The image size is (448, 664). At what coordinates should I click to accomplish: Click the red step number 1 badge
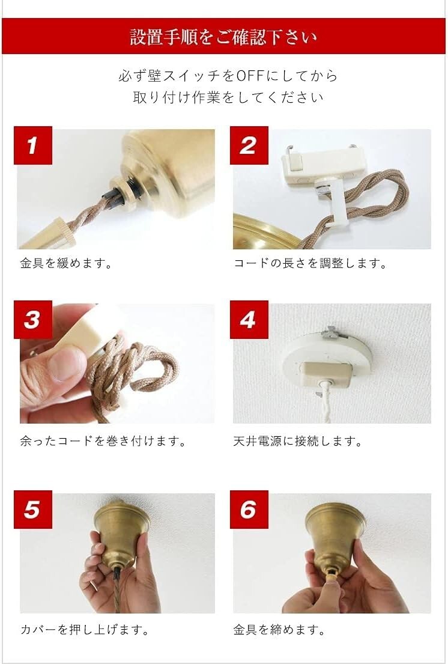click(x=33, y=145)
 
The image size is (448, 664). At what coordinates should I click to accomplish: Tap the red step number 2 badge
click(x=249, y=145)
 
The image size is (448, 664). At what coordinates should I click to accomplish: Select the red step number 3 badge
click(x=33, y=320)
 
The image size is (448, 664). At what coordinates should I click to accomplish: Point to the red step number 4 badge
click(x=249, y=320)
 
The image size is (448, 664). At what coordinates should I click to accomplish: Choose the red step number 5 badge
click(x=33, y=510)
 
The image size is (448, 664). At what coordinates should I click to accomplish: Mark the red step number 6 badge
click(x=249, y=510)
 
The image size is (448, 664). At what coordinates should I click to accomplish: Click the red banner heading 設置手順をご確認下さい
click(x=224, y=37)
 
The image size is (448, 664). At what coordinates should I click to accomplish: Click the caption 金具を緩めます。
click(x=66, y=263)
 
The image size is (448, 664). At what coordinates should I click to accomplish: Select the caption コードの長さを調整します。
click(x=310, y=263)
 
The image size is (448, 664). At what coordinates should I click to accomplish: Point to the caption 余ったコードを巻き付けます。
click(x=103, y=441)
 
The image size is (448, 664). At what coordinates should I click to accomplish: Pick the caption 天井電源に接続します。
click(x=298, y=441)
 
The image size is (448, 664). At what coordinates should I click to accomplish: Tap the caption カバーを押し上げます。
click(x=85, y=630)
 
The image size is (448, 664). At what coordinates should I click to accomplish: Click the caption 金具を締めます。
click(x=279, y=630)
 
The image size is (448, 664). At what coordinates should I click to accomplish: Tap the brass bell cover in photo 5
click(x=121, y=531)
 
